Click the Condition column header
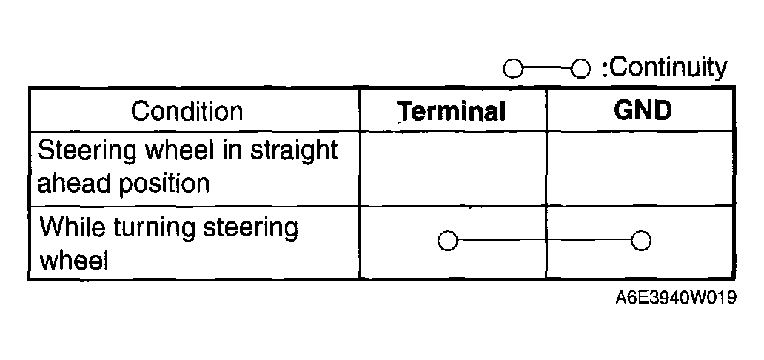coord(187,111)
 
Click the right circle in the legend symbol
coord(581,70)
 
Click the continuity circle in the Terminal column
coord(446,241)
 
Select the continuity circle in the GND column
coord(642,241)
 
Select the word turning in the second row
coord(149,227)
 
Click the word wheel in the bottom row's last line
coord(73,260)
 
